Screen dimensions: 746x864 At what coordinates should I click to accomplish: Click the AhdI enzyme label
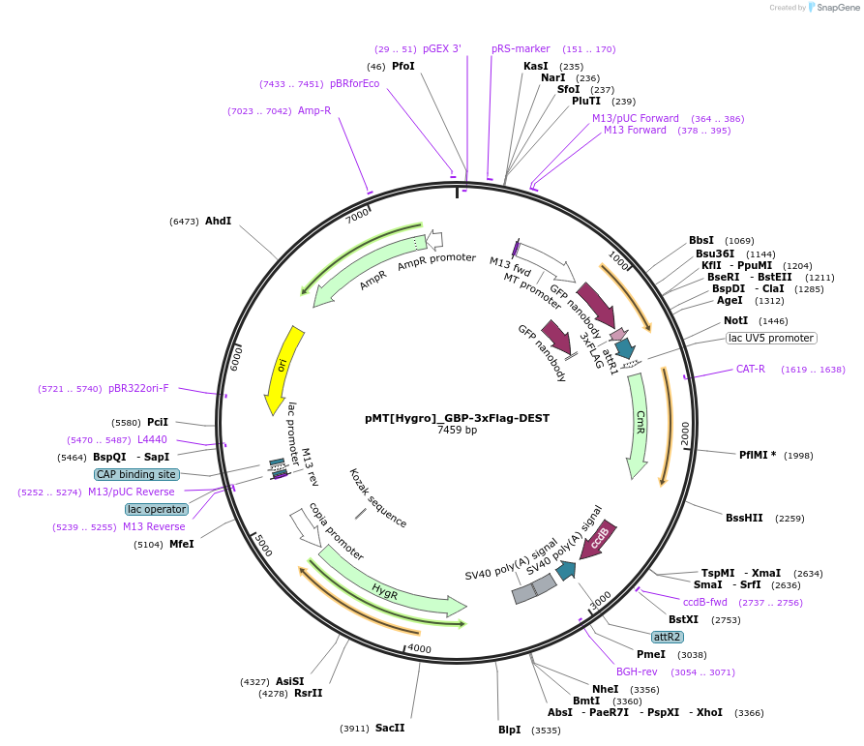click(218, 221)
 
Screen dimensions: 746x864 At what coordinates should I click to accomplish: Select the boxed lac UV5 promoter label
click(771, 339)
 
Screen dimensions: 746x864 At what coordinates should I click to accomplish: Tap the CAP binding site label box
click(136, 474)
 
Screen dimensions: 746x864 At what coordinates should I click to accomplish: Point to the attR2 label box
click(668, 637)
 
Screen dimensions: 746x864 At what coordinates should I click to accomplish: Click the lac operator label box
click(157, 509)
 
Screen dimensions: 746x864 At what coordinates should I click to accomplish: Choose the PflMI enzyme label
click(758, 455)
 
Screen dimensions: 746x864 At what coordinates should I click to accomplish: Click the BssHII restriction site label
click(744, 518)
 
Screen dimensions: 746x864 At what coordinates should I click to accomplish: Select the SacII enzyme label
click(390, 728)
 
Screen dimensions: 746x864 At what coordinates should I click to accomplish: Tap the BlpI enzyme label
click(510, 730)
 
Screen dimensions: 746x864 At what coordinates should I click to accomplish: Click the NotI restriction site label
click(735, 320)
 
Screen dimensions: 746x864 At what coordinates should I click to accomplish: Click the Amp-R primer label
click(314, 110)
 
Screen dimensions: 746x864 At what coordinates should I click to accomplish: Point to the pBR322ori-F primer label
click(138, 388)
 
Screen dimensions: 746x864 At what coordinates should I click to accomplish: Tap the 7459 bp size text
click(457, 431)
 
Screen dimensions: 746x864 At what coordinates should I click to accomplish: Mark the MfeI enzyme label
click(182, 544)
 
